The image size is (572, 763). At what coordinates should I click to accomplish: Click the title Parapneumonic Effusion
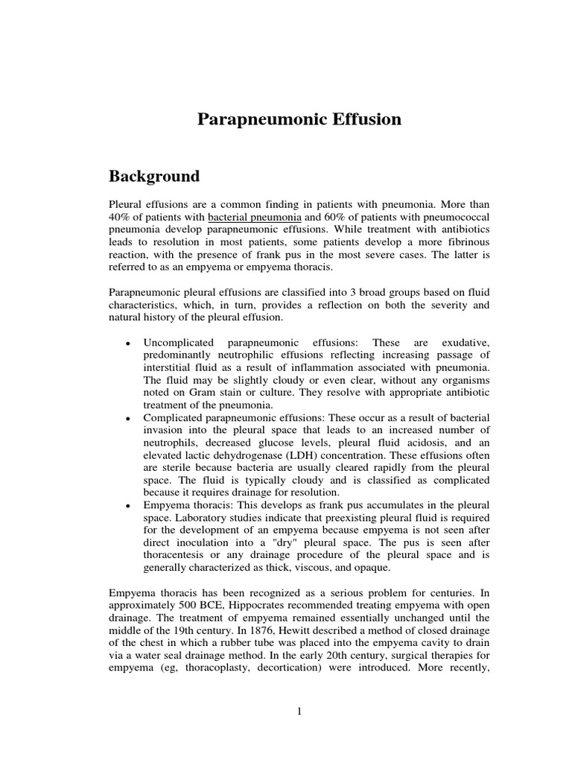point(299,119)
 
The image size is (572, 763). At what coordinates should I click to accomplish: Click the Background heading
point(154,177)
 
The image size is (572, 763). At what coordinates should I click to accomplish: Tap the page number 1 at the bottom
point(299,712)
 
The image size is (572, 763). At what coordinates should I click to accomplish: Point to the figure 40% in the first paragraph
point(120,216)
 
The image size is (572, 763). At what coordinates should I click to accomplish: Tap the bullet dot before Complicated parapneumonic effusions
point(129,418)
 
